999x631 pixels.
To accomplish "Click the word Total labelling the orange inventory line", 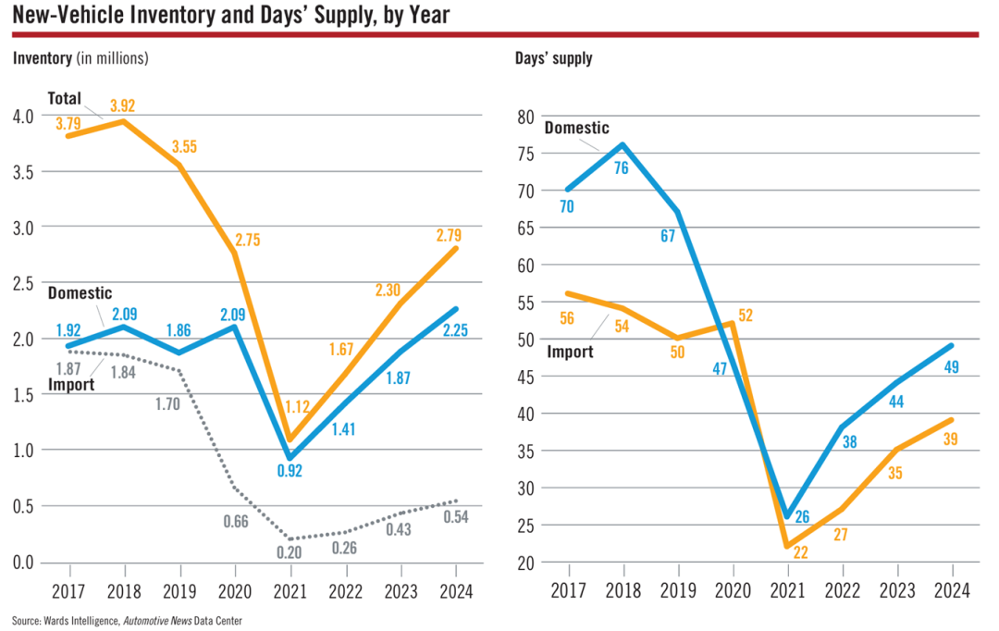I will click(65, 98).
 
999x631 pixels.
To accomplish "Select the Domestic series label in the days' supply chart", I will click(576, 128).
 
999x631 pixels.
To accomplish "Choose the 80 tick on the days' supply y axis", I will click(526, 117).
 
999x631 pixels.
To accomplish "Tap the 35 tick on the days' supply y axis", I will click(526, 451).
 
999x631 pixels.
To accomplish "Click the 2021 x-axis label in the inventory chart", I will click(290, 591).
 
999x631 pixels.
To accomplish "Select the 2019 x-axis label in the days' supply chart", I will click(679, 591).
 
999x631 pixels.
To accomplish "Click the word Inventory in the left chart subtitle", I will click(43, 58).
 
